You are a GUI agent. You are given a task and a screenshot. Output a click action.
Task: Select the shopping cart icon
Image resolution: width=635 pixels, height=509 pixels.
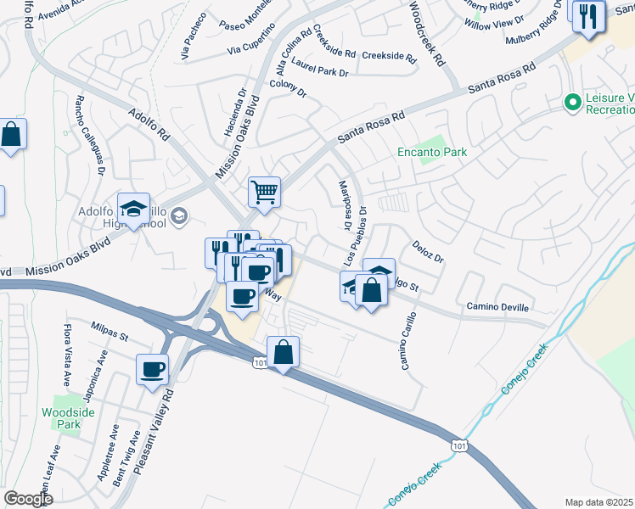point(264,192)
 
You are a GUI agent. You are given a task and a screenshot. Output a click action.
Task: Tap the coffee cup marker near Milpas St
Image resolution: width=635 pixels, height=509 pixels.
point(154,370)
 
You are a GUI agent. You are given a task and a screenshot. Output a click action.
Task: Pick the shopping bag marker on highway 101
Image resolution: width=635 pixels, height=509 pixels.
point(283,351)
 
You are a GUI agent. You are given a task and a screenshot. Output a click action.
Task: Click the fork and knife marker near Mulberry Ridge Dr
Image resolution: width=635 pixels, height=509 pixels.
point(587,15)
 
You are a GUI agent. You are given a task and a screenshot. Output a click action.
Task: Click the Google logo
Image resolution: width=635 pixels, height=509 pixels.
point(28,499)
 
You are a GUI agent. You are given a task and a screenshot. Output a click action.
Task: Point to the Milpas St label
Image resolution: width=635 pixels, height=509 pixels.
point(109,331)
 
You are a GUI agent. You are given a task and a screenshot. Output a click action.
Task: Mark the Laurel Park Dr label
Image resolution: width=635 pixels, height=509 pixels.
point(320,67)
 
